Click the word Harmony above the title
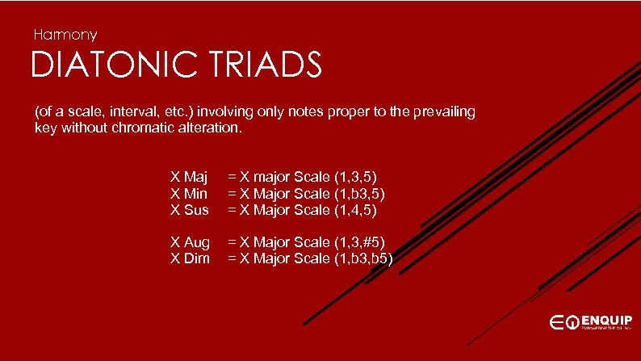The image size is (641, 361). pos(65,35)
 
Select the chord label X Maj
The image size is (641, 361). pos(189,176)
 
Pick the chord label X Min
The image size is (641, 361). pos(189,193)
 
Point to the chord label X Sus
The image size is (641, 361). pos(190,210)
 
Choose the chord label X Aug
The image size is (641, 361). pos(190,241)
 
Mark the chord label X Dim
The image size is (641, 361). pos(190,258)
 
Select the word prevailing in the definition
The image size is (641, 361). pos(444,111)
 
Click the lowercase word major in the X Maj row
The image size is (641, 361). pos(264,176)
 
